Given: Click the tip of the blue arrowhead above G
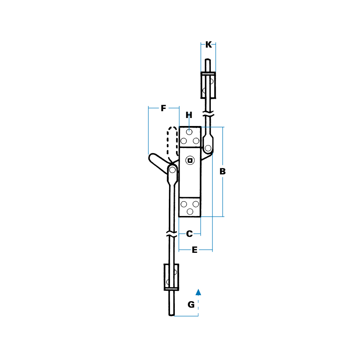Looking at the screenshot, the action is pos(198,289).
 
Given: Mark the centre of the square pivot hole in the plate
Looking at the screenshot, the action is pos(190,160).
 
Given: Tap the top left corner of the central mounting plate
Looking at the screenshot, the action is pos(179,126).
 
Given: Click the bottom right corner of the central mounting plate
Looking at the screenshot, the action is pos(201,217).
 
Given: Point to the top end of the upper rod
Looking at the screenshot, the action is pos(208,59).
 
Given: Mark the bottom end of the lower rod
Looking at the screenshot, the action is pos(172,316).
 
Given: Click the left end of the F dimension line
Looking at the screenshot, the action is pos(148,108).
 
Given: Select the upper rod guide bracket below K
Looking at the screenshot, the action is pos(208,85).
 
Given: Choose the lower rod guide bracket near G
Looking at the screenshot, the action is pos(171,277).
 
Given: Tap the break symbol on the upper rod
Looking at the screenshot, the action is pos(208,114).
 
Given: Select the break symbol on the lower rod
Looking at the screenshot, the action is pos(172,234).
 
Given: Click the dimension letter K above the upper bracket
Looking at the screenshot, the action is pos(208,44).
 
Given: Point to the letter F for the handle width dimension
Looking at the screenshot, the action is pos(163,108).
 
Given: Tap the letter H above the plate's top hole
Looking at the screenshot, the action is pos(189,115).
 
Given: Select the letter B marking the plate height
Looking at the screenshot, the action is pos(222,171).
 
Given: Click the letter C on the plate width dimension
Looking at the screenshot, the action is pos(190,234).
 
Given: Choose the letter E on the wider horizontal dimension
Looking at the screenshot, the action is pos(194,250).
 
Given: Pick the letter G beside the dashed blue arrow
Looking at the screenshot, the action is pos(191,304).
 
